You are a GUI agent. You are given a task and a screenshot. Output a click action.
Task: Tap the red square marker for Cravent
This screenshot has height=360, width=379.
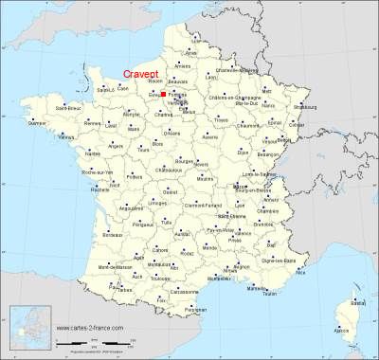pyautogui.click(x=162, y=95)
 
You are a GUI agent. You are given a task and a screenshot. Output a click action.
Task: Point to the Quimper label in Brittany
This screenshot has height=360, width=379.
pyautogui.click(x=37, y=123)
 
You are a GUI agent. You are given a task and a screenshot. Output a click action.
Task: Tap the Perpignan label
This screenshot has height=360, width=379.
pyautogui.click(x=194, y=310)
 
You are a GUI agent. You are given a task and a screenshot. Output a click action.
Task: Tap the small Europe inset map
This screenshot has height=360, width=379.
pyautogui.click(x=27, y=328)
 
